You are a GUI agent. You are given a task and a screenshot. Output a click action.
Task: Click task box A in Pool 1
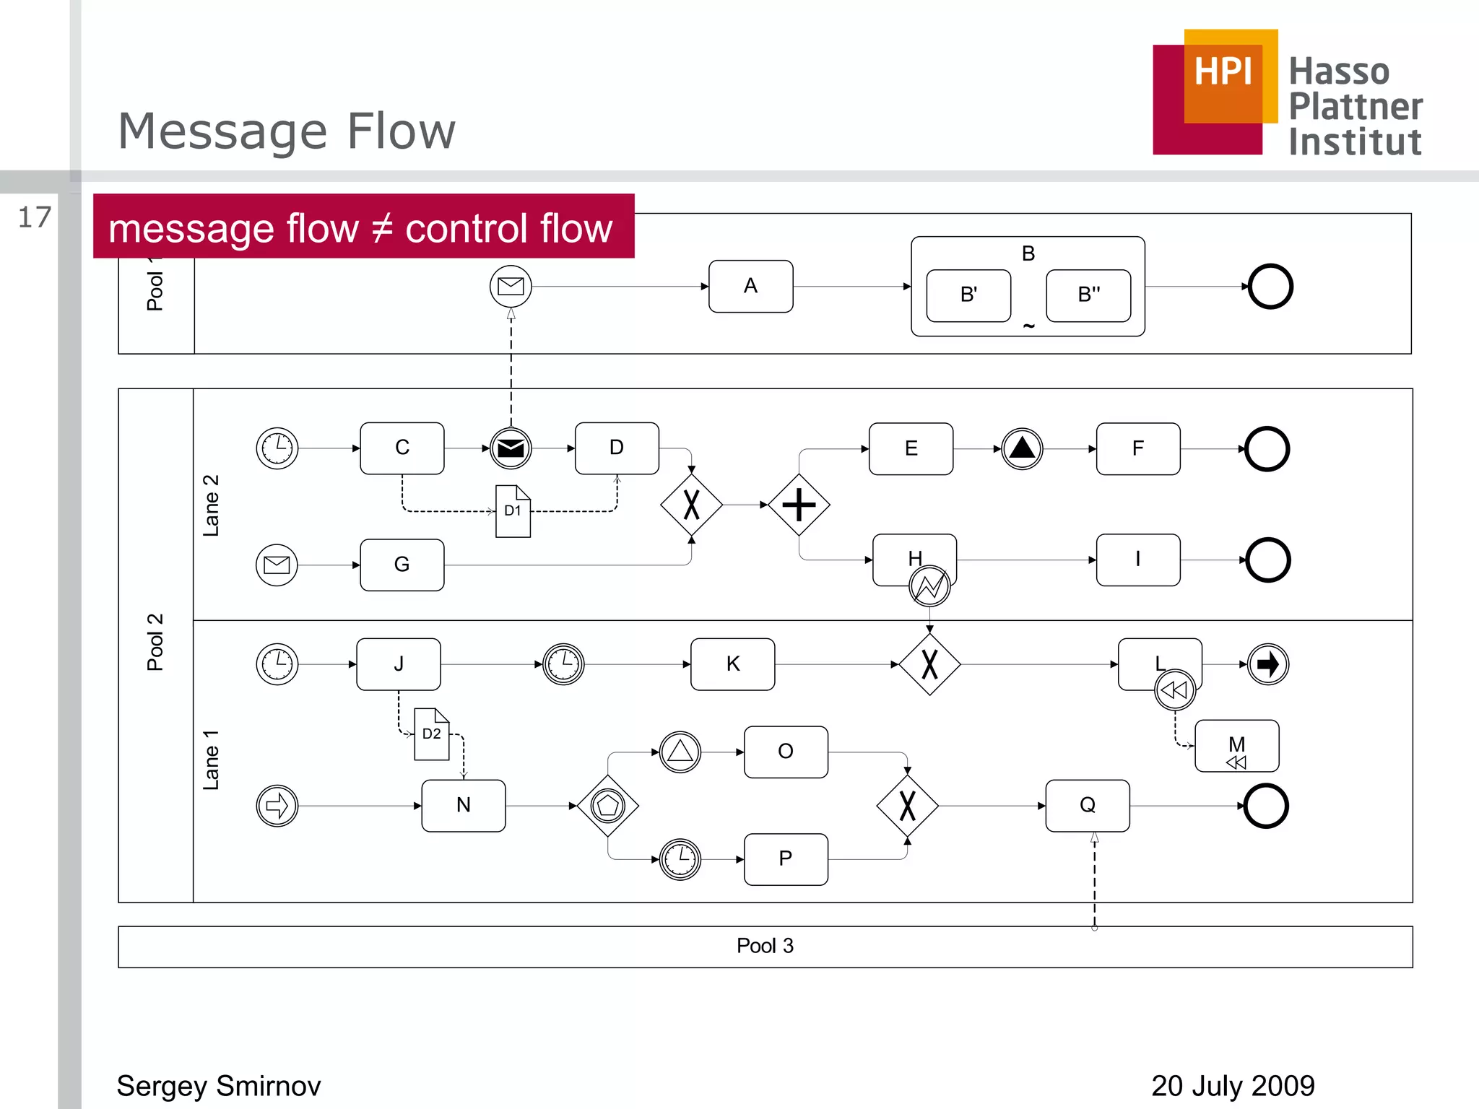[750, 287]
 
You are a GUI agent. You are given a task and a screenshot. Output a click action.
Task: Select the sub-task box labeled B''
[1088, 295]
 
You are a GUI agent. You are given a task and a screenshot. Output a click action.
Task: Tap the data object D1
[513, 511]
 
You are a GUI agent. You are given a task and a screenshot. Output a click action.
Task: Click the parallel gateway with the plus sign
[799, 505]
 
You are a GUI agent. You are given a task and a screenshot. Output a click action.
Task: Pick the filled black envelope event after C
[511, 448]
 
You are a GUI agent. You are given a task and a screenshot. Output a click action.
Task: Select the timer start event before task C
[277, 448]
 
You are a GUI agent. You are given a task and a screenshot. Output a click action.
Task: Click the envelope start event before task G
[277, 565]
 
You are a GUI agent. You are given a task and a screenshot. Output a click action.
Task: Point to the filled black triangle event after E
[1022, 448]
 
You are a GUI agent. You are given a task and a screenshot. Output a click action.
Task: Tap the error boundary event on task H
[929, 586]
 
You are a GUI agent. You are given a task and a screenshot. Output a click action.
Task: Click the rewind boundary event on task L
[1175, 690]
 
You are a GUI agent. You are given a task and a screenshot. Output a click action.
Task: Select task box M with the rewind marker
[1236, 746]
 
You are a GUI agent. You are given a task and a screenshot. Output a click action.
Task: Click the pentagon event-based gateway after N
[608, 806]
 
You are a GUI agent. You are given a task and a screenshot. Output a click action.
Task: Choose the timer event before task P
[680, 859]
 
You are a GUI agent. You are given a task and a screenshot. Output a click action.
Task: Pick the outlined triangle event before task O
[680, 752]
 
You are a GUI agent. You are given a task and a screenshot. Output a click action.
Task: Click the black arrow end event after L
[1268, 664]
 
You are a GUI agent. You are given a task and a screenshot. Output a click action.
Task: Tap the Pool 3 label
[765, 946]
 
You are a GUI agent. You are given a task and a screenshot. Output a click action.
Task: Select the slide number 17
[35, 217]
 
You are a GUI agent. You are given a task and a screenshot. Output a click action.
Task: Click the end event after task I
[1268, 560]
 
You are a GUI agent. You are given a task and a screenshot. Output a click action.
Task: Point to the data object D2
[432, 734]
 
